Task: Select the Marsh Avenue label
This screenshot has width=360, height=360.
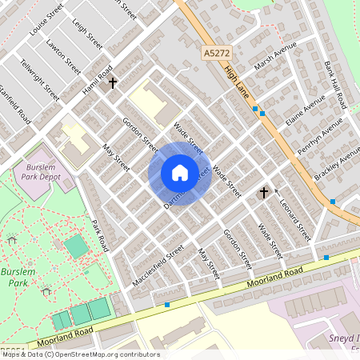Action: click(x=270, y=60)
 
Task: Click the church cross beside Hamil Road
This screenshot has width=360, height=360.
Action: click(x=113, y=82)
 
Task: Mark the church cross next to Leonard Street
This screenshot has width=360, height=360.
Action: click(x=263, y=192)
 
